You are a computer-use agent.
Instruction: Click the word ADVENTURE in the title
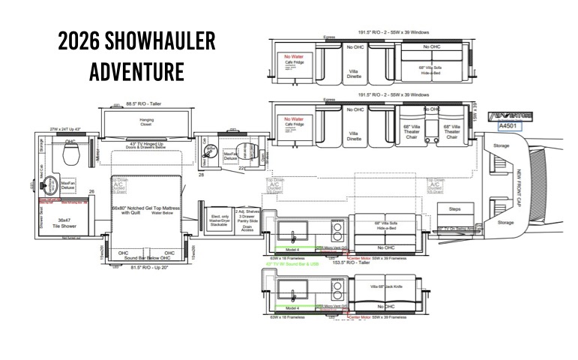coord(136,73)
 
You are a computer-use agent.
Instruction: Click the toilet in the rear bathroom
coord(70,155)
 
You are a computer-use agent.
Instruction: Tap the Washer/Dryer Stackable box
coord(218,219)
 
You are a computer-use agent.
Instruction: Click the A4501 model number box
coord(509,127)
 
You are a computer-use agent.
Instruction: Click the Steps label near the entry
coord(454,208)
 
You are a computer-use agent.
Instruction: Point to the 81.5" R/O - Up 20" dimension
coord(147,267)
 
